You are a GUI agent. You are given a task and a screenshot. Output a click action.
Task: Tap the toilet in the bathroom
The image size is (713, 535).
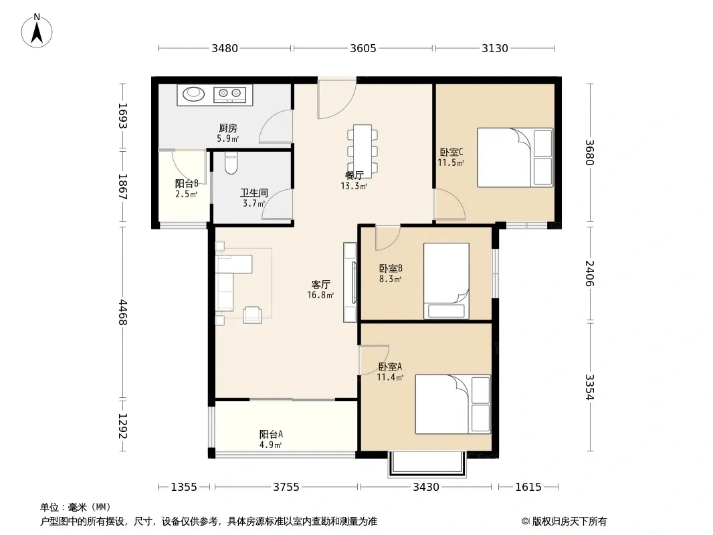(x=231, y=163)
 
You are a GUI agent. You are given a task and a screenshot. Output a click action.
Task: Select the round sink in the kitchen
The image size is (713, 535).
(x=194, y=94)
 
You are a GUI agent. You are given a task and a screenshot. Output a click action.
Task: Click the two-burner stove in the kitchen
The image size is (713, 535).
(x=229, y=94)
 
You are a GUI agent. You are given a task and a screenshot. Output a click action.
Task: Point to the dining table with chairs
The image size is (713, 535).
(x=363, y=151)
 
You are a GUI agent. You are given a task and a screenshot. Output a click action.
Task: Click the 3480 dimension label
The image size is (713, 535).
(x=225, y=48)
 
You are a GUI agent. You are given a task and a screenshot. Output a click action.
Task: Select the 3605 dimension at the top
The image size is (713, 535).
(x=363, y=48)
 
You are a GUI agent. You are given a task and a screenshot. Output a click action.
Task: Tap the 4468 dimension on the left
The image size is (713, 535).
(x=122, y=312)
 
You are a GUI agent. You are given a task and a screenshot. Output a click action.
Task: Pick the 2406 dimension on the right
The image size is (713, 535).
(x=590, y=273)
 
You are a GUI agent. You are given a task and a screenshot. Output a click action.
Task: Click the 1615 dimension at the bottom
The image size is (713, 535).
(x=528, y=488)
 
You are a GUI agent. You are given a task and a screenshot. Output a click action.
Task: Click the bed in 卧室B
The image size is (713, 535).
(x=446, y=281)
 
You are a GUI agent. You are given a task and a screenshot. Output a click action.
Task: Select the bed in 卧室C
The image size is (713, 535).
(x=515, y=157)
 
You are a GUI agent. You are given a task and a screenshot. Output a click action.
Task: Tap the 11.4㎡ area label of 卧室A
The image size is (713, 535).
(x=390, y=377)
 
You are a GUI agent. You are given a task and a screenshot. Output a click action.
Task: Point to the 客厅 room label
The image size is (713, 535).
(x=320, y=284)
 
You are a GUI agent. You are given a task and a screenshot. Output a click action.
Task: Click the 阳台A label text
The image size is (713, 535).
(x=271, y=434)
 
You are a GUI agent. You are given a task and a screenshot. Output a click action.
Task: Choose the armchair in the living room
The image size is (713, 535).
(x=252, y=315)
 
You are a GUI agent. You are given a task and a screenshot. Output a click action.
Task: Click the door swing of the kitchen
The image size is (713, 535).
(x=276, y=127)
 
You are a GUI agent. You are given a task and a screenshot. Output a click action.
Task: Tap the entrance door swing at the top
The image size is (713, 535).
(x=336, y=100)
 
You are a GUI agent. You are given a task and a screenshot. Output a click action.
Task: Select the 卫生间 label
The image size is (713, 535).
(x=253, y=193)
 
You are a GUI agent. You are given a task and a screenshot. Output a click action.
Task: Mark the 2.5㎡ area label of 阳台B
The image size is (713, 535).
(x=187, y=195)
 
